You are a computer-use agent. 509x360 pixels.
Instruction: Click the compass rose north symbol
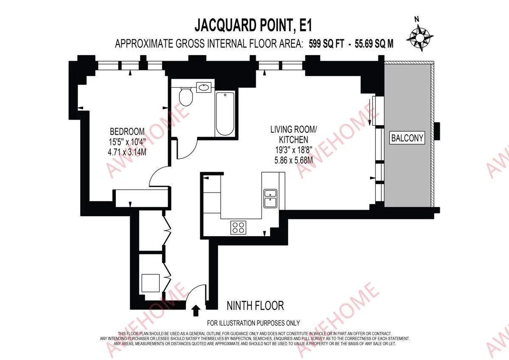420,37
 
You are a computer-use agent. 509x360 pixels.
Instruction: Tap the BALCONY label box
407,138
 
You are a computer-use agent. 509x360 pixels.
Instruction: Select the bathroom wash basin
204,87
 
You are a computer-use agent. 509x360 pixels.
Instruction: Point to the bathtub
225,114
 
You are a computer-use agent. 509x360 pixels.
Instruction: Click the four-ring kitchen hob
238,228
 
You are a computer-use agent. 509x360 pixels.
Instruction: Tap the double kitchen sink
270,199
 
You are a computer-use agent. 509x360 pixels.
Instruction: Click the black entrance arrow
196,310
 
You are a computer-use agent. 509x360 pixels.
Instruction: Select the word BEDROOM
127,131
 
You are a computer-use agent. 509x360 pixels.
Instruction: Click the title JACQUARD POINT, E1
253,25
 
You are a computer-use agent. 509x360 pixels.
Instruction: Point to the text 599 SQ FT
327,44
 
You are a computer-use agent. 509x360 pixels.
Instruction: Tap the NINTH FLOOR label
255,306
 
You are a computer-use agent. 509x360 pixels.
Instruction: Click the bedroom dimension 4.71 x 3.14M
127,152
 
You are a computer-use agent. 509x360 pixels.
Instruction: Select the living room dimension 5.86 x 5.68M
294,160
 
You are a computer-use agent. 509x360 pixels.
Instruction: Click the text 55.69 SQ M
374,44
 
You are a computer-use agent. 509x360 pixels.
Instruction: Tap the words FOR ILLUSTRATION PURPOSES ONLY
253,323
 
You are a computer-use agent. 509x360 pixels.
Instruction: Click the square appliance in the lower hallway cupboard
151,283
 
